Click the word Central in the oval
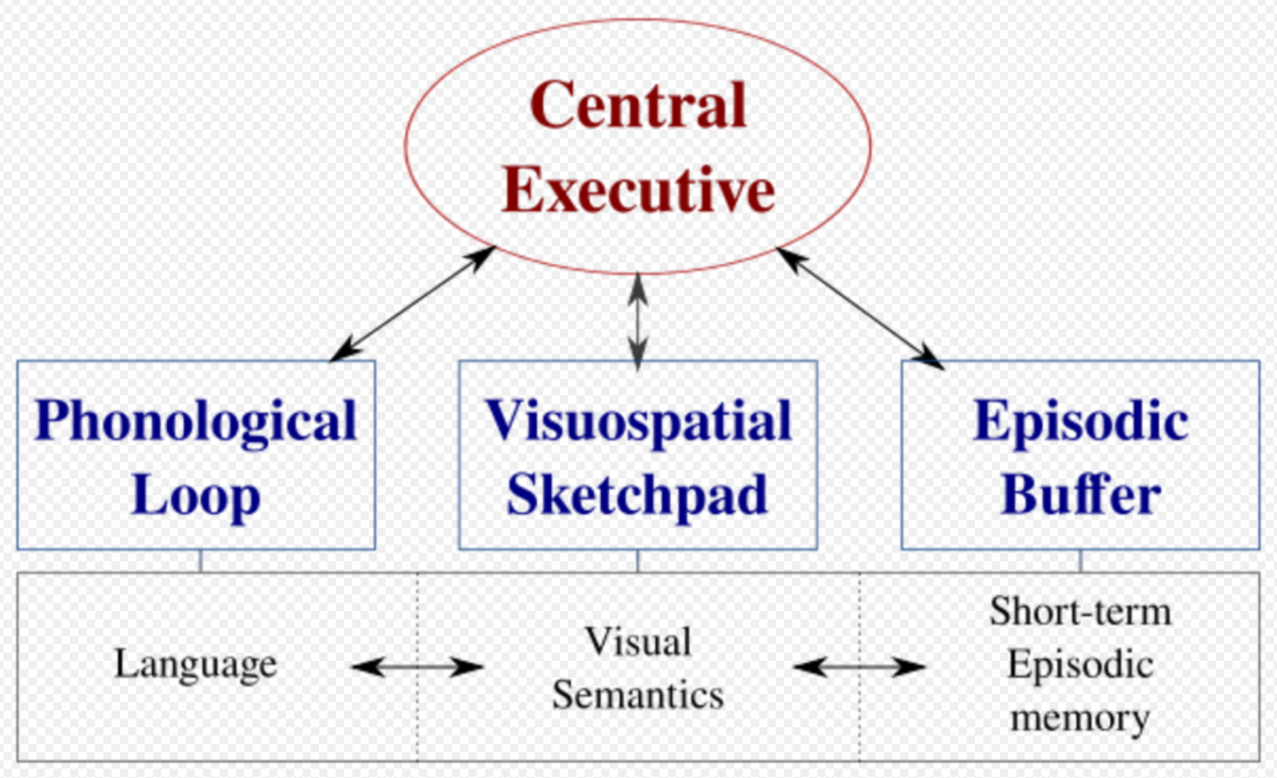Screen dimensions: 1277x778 click(638, 105)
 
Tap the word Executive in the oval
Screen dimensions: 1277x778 click(638, 189)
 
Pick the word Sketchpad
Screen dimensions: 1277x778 click(637, 495)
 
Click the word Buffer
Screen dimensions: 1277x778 click(1081, 494)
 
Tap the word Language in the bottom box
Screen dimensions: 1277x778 click(195, 666)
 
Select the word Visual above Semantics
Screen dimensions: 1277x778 click(638, 641)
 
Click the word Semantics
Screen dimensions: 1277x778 click(638, 695)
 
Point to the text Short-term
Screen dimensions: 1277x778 click(1081, 612)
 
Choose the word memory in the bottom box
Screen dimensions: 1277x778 click(1081, 718)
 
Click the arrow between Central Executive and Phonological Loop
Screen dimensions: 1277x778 click(412, 304)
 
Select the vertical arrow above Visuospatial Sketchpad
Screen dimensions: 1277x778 click(638, 323)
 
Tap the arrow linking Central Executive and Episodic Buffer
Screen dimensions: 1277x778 click(860, 308)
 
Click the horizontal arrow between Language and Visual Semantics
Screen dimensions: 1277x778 click(417, 667)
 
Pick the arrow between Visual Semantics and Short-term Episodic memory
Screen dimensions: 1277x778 click(860, 667)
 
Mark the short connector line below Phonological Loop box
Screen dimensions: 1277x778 click(201, 561)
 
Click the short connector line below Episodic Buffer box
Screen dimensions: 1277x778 click(1081, 561)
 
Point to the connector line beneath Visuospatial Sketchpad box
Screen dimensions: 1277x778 click(638, 561)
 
